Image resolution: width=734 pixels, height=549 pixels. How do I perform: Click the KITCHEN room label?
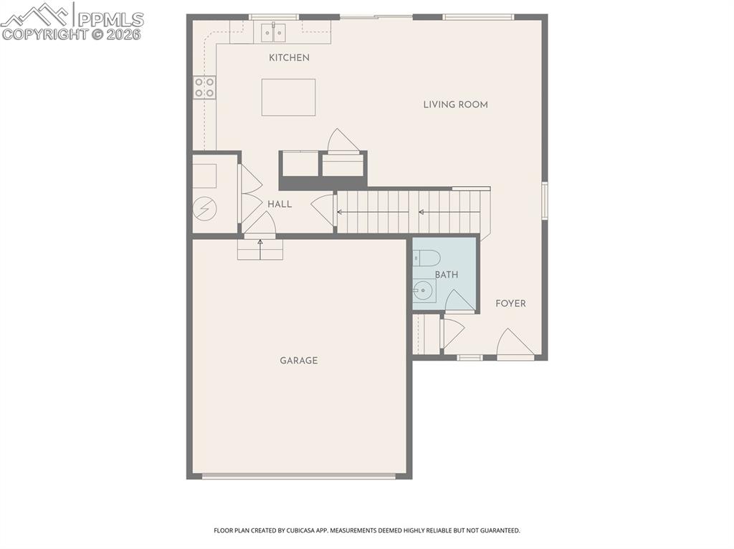pyautogui.click(x=289, y=57)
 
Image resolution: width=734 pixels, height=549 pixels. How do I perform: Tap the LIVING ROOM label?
pyautogui.click(x=455, y=105)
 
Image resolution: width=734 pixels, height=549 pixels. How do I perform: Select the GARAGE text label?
pyautogui.click(x=298, y=361)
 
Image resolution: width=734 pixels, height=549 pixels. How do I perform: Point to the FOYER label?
pyautogui.click(x=510, y=303)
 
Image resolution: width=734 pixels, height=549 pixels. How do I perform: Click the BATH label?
pyautogui.click(x=446, y=274)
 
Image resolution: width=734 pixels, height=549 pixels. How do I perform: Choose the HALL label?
pyautogui.click(x=280, y=204)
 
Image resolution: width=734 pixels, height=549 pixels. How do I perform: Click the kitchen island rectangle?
pyautogui.click(x=288, y=97)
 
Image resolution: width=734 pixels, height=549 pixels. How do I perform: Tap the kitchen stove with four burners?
pyautogui.click(x=204, y=87)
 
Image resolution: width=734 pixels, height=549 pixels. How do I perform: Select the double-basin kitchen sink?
pyautogui.click(x=273, y=32)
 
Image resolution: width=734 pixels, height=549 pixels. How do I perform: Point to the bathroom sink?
pyautogui.click(x=423, y=291)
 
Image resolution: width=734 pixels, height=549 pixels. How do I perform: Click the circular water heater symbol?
pyautogui.click(x=204, y=208)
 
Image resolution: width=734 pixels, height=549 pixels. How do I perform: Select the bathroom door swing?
pyautogui.click(x=459, y=301)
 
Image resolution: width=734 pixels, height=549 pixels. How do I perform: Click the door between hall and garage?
pyautogui.click(x=259, y=223)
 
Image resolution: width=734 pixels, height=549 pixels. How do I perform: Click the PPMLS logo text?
pyautogui.click(x=110, y=19)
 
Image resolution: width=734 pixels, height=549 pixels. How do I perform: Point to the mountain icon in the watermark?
pyautogui.click(x=37, y=14)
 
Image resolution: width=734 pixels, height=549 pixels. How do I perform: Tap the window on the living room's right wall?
pyautogui.click(x=544, y=200)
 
